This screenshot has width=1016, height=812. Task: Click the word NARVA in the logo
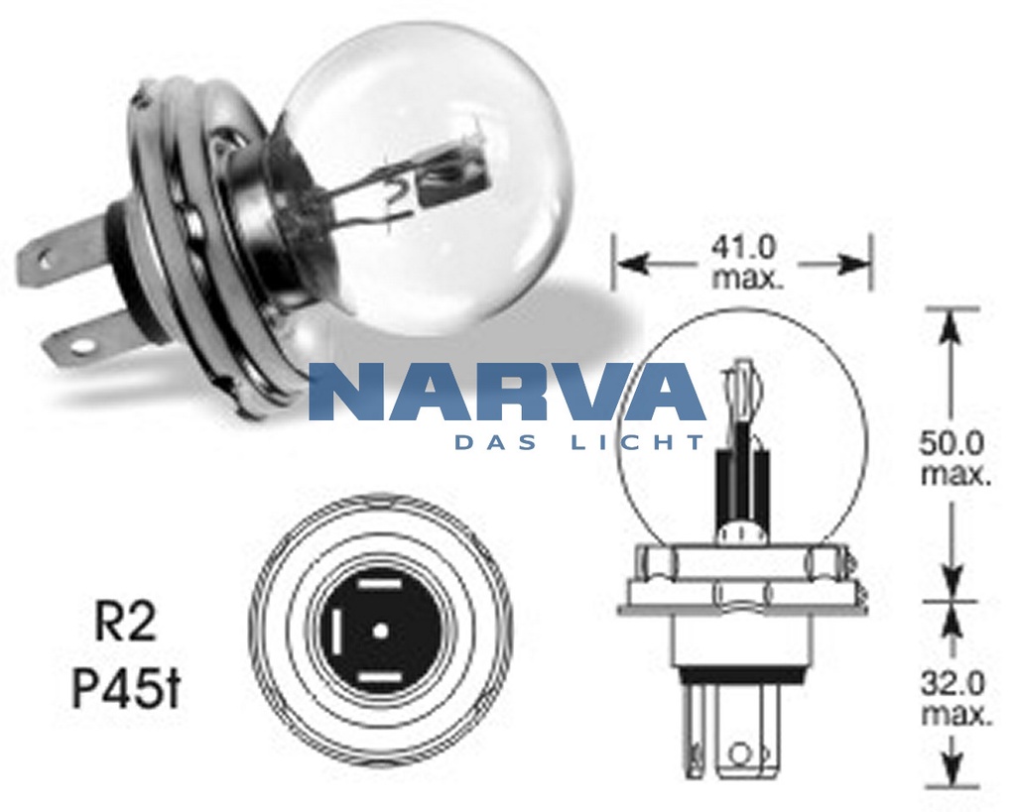[506, 393]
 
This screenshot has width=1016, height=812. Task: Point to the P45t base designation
[126, 687]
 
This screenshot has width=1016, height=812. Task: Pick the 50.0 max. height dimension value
[955, 457]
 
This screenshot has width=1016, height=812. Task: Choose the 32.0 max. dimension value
[955, 698]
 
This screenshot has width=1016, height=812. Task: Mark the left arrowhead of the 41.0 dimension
[628, 264]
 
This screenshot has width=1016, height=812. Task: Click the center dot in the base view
[380, 630]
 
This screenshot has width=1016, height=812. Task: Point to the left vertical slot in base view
[335, 631]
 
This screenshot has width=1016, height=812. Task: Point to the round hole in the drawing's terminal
[736, 754]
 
